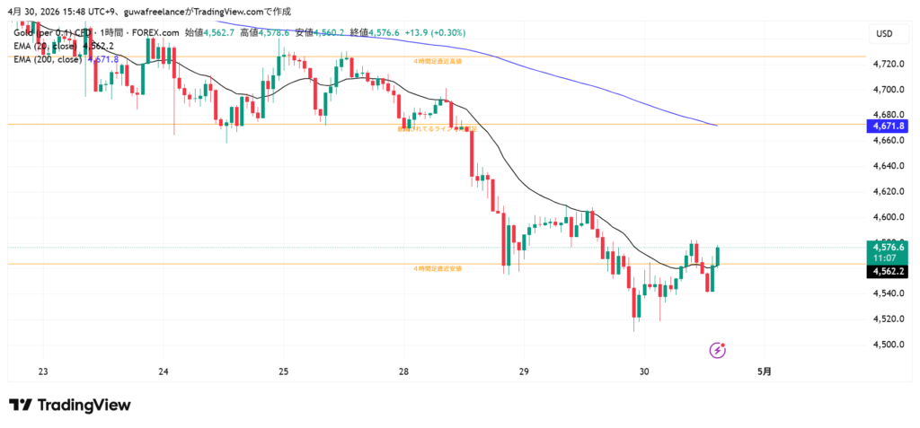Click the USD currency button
(x=884, y=34)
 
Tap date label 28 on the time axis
(x=403, y=371)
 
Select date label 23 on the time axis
(x=43, y=371)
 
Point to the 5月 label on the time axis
(x=764, y=371)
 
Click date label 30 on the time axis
(x=643, y=371)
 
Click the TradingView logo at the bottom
(x=70, y=406)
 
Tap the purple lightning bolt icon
(x=717, y=349)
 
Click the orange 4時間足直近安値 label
(x=437, y=268)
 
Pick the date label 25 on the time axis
(x=283, y=371)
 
